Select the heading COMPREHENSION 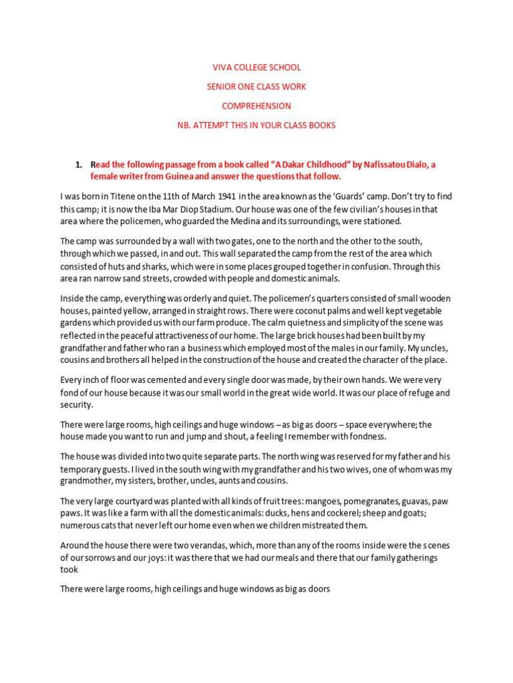(x=256, y=106)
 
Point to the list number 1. (x=78, y=165)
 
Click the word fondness (x=367, y=436)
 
